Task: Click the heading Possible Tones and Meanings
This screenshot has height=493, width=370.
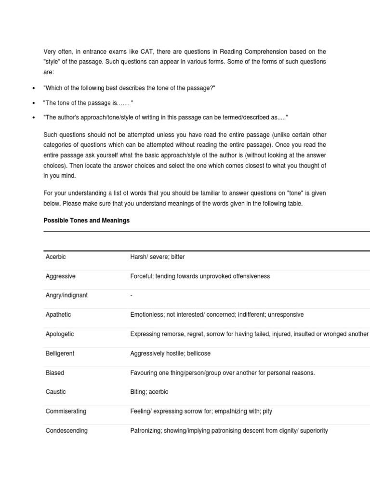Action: pyautogui.click(x=86, y=221)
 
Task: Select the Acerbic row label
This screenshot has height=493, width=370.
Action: pyautogui.click(x=56, y=257)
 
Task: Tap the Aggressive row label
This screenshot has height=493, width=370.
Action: pyautogui.click(x=60, y=276)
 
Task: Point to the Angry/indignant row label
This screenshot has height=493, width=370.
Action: pyautogui.click(x=66, y=296)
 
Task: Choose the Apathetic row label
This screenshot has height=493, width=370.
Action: pyautogui.click(x=58, y=315)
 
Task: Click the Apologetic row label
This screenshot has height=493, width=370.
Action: pyautogui.click(x=60, y=334)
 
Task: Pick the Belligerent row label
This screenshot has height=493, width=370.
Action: pyautogui.click(x=60, y=353)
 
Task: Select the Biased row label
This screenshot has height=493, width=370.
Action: pyautogui.click(x=55, y=373)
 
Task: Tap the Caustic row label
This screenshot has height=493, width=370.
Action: pyautogui.click(x=56, y=392)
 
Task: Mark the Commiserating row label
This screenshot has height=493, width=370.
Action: pyautogui.click(x=66, y=411)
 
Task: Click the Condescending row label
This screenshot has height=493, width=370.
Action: pyautogui.click(x=66, y=430)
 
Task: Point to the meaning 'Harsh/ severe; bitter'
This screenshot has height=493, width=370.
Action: pyautogui.click(x=158, y=257)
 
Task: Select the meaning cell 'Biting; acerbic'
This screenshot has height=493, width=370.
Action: pyautogui.click(x=149, y=392)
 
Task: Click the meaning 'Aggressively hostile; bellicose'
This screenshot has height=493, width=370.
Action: pyautogui.click(x=171, y=353)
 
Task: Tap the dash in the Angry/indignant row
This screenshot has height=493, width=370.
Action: pyautogui.click(x=132, y=296)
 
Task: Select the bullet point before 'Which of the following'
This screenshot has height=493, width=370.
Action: pyautogui.click(x=33, y=89)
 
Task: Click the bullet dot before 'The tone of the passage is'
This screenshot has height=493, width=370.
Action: pyautogui.click(x=33, y=104)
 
